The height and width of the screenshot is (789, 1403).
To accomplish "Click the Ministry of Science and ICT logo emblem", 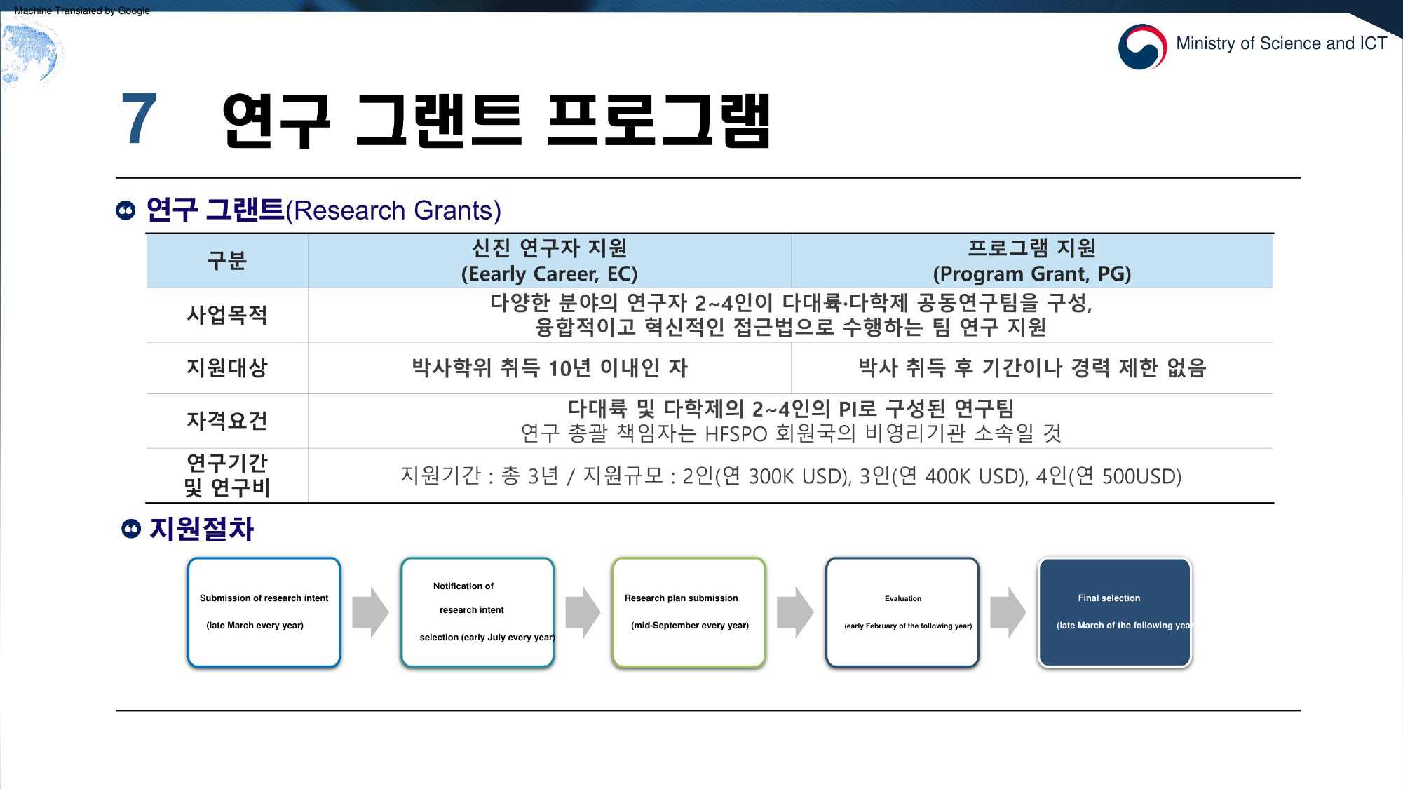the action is tap(1142, 46).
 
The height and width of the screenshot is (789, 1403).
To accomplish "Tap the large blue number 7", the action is tap(139, 119).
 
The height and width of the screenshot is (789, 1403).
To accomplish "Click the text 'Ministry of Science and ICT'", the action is tap(1281, 43).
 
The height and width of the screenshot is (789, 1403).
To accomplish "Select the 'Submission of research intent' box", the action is tap(264, 612).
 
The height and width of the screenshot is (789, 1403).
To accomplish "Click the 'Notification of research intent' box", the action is tap(477, 612).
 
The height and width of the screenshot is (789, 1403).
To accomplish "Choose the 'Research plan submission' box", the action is tap(689, 612).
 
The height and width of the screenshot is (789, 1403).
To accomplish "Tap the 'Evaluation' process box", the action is tap(902, 612).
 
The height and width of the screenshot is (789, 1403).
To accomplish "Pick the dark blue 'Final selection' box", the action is tap(1115, 612).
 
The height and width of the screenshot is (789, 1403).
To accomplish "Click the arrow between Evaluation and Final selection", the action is tap(1008, 612).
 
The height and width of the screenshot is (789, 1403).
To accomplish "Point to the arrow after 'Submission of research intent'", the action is tap(370, 612).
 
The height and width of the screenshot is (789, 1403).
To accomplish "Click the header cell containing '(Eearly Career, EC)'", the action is tap(549, 261).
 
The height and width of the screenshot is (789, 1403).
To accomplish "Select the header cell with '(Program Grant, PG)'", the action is tap(1032, 261).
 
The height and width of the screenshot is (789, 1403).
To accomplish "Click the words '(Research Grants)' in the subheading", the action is tap(393, 210).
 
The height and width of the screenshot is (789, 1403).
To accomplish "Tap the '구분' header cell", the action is tap(227, 261).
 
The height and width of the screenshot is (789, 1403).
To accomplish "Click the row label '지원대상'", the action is tap(227, 367).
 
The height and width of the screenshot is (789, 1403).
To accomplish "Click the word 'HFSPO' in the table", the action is tap(736, 434).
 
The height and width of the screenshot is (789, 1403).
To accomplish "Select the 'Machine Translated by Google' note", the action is tap(82, 11).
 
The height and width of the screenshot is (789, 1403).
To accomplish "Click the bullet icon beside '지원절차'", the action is tap(131, 529).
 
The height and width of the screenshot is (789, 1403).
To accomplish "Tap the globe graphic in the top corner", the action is tap(31, 53).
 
